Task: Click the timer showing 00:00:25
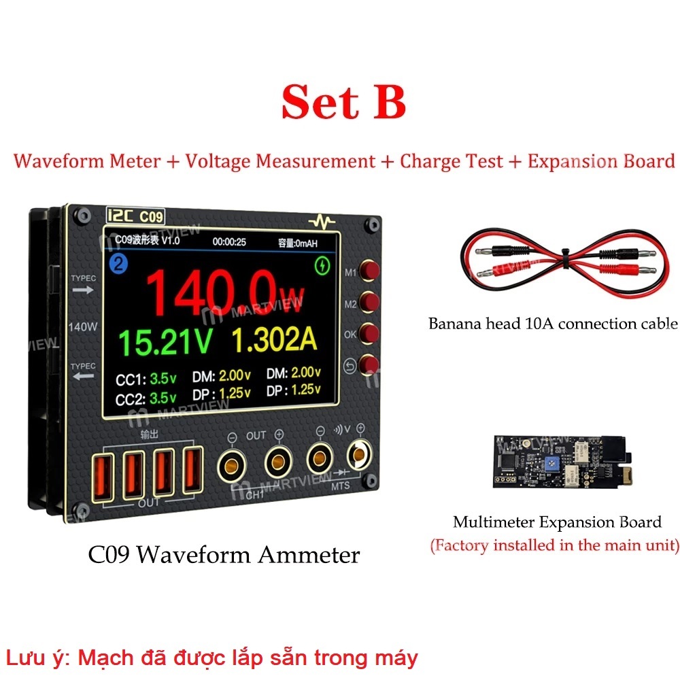[229, 241]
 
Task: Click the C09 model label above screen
[151, 217]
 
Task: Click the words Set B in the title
[343, 102]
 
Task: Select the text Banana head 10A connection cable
[553, 323]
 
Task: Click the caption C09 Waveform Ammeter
[224, 555]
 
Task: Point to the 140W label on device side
[83, 326]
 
